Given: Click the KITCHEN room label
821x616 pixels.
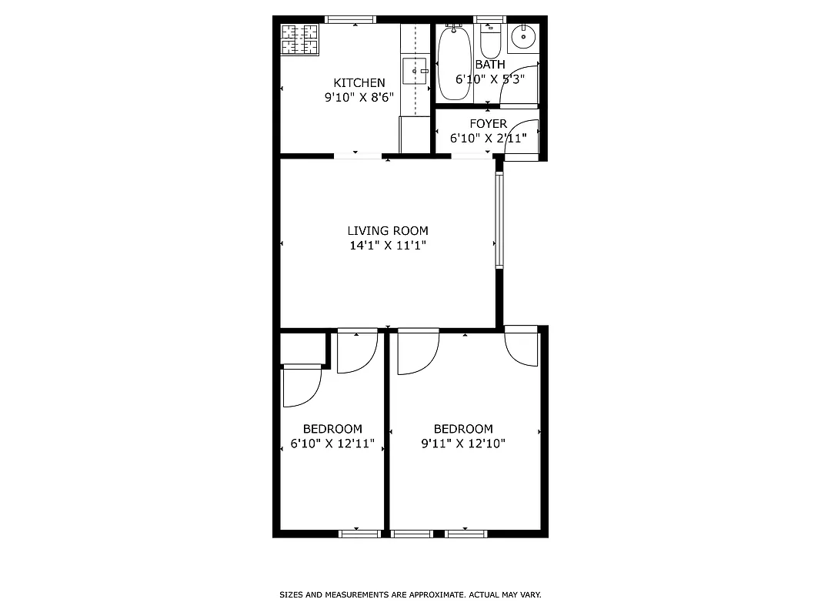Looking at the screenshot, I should (x=359, y=83).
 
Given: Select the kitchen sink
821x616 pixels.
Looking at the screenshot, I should (x=415, y=71).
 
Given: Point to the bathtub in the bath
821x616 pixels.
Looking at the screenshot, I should (x=454, y=63).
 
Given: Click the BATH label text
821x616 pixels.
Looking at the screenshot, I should (x=490, y=65).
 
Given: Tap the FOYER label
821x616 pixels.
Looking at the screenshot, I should (x=488, y=124).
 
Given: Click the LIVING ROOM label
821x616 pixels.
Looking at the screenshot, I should (x=387, y=231).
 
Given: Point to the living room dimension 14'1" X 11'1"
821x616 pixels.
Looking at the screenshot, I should (x=387, y=246).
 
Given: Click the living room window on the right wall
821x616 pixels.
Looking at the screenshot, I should (x=499, y=219).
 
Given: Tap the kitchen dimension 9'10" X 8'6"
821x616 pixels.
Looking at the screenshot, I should (x=359, y=98).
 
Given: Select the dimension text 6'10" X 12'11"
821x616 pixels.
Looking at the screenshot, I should (x=332, y=444).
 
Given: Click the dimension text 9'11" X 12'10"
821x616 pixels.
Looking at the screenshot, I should (x=462, y=444).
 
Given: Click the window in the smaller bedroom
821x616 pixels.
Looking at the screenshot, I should (x=359, y=533).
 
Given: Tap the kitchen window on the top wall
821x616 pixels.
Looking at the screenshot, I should (x=350, y=19).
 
